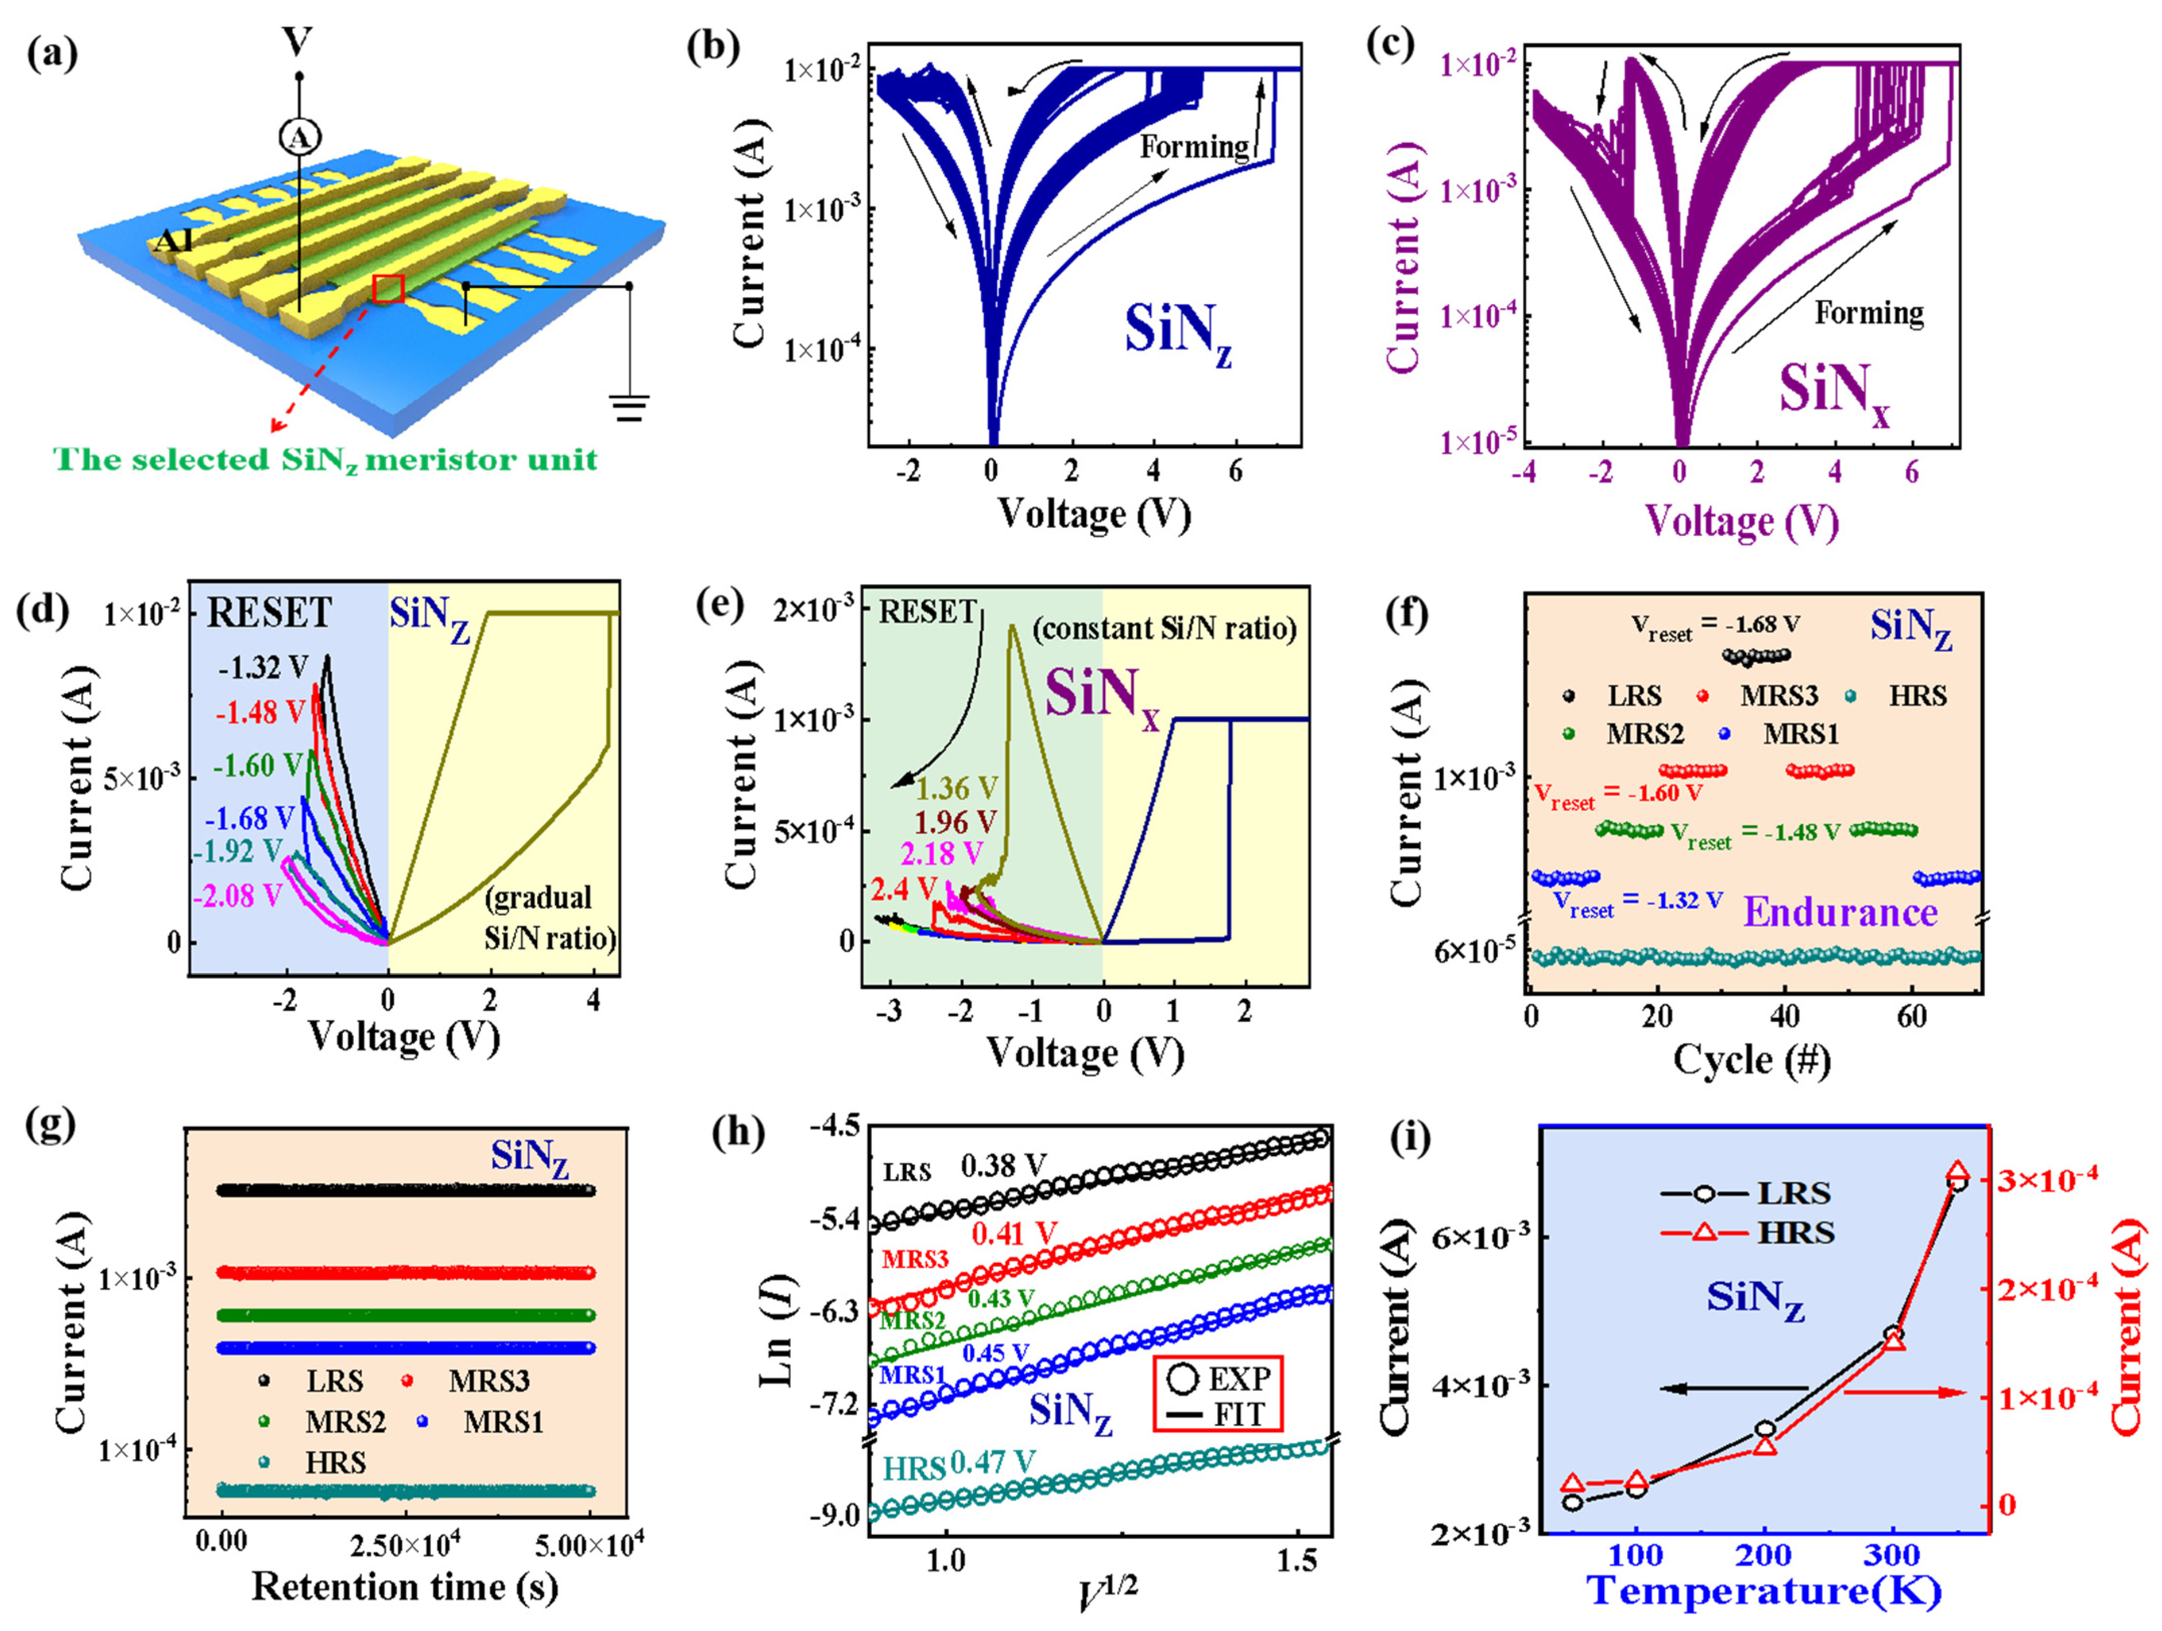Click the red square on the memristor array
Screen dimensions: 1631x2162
tap(388, 289)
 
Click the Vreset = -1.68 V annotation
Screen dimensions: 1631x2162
tap(1715, 626)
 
